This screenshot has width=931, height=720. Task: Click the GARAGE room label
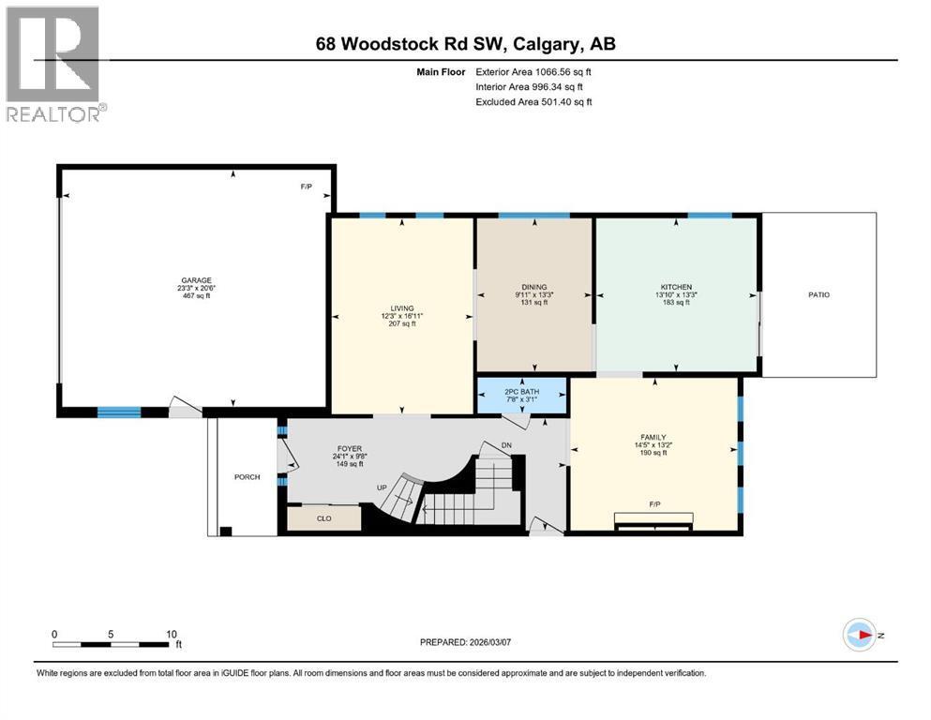197,280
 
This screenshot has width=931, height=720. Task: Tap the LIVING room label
402,308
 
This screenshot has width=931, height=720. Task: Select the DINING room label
534,288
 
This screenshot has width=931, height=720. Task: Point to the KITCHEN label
676,288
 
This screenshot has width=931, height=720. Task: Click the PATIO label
818,295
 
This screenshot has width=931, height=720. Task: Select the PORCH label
246,476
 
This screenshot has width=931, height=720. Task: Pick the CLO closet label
323,517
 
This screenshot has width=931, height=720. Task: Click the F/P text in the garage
306,187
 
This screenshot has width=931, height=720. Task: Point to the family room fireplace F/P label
654,504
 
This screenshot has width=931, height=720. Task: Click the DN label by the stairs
507,445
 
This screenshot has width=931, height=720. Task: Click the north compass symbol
859,635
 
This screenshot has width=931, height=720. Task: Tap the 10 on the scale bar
171,634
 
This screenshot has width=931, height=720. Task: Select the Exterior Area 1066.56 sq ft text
533,71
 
